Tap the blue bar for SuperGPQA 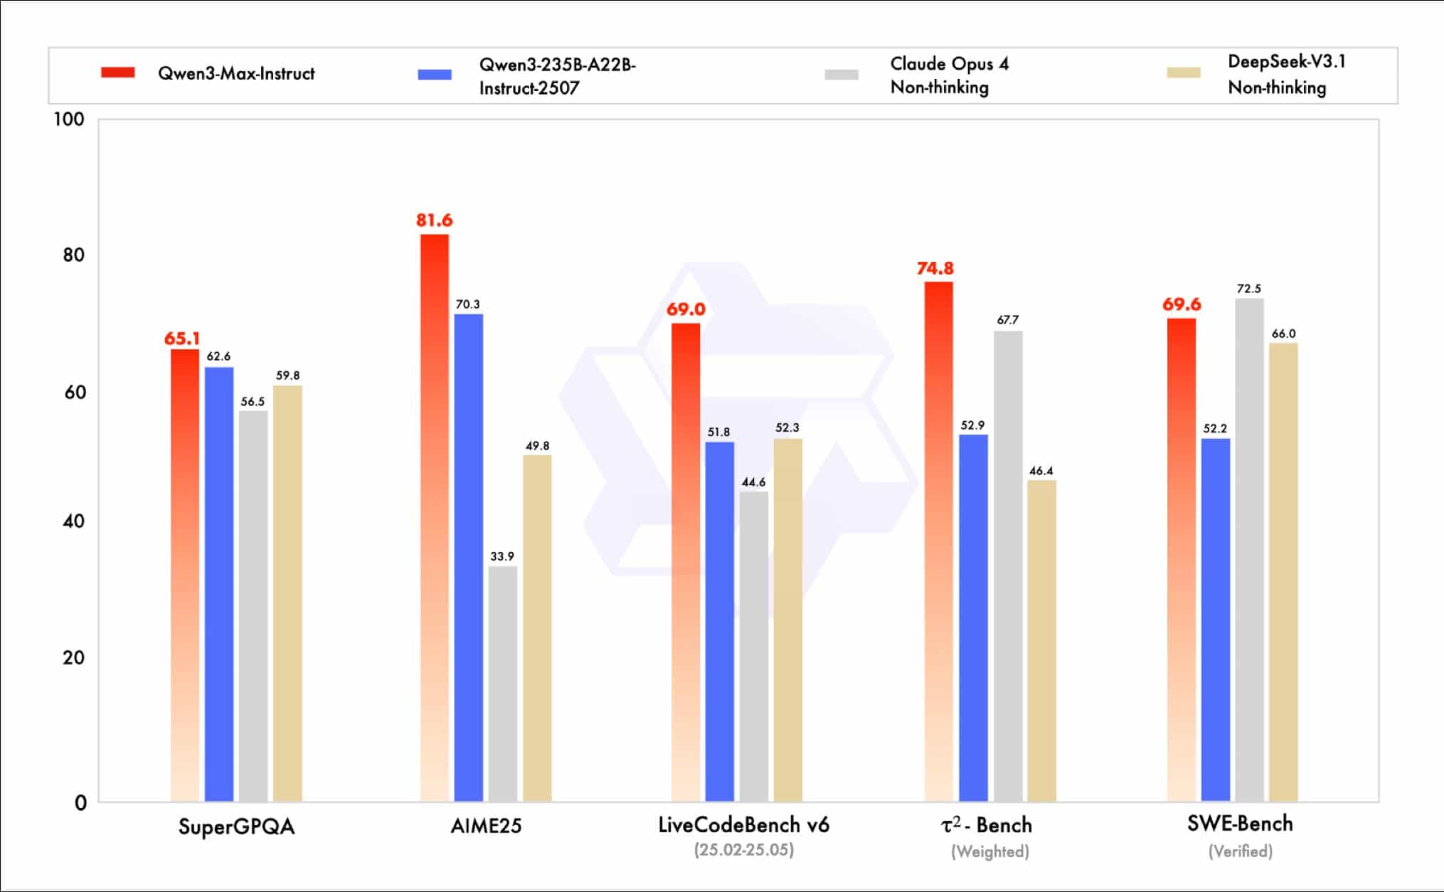pyautogui.click(x=219, y=584)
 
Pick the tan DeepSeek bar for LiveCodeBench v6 pyautogui.click(x=787, y=620)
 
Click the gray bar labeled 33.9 pyautogui.click(x=503, y=684)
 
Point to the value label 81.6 pyautogui.click(x=434, y=221)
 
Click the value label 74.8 pyautogui.click(x=935, y=268)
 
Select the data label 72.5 pyautogui.click(x=1248, y=289)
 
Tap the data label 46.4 pyautogui.click(x=1041, y=471)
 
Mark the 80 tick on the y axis pyautogui.click(x=73, y=255)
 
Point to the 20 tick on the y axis pyautogui.click(x=73, y=657)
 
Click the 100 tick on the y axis pyautogui.click(x=69, y=120)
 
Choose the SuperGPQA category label pyautogui.click(x=236, y=827)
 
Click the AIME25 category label pyautogui.click(x=486, y=826)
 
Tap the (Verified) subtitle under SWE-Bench pyautogui.click(x=1240, y=851)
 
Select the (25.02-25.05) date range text pyautogui.click(x=743, y=850)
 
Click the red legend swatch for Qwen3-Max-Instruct pyautogui.click(x=118, y=73)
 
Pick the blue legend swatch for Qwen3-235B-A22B pyautogui.click(x=435, y=75)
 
